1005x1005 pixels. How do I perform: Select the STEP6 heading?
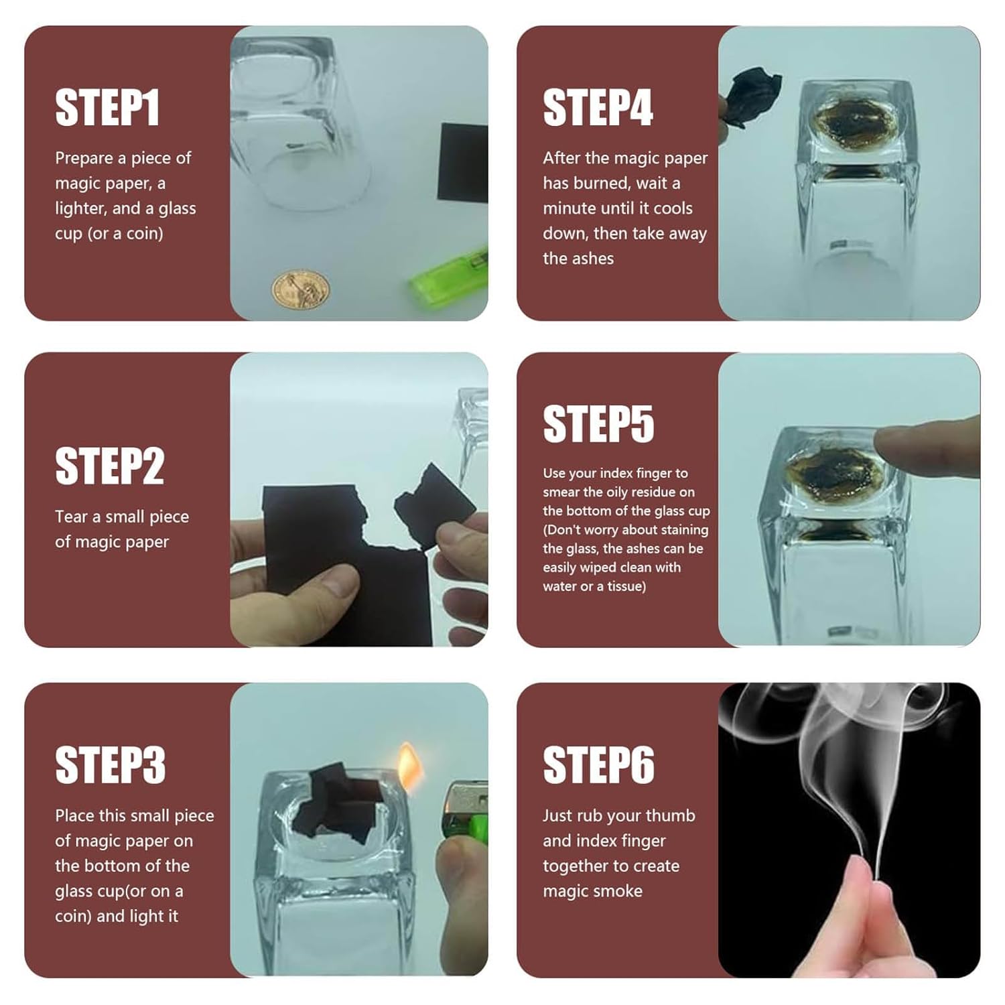coord(598,765)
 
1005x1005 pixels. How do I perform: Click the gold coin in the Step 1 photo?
coord(300,289)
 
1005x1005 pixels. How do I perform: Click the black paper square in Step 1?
coord(463,163)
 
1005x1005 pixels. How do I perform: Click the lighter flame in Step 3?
coord(411,764)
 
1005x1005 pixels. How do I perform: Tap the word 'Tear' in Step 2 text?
coord(72,517)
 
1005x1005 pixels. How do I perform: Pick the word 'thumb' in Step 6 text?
coord(671,815)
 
